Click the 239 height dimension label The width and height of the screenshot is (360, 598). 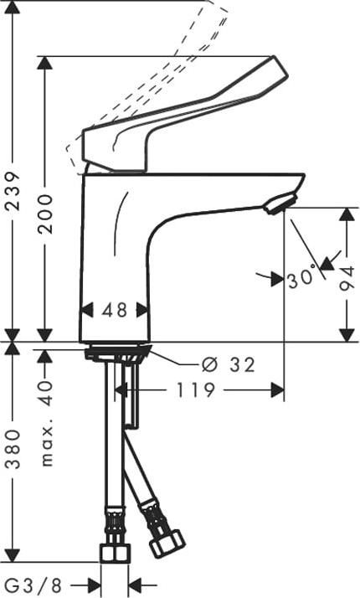click(13, 191)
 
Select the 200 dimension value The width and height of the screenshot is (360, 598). click(45, 214)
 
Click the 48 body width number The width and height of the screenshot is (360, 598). click(115, 310)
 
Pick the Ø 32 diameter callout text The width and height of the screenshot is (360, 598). click(228, 365)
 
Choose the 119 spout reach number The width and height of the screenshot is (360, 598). click(195, 390)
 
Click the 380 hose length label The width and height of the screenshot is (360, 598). click(13, 449)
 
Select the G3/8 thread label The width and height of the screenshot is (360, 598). click(34, 585)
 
